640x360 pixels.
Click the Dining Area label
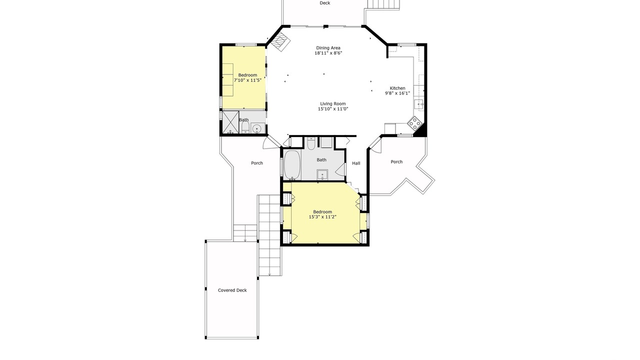click(x=328, y=47)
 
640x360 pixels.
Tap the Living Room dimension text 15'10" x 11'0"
click(x=333, y=109)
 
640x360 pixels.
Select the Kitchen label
click(x=397, y=88)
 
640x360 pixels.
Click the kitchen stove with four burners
click(x=414, y=123)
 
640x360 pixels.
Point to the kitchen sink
click(x=418, y=104)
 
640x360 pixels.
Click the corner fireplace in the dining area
click(x=280, y=41)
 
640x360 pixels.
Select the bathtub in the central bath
click(x=292, y=165)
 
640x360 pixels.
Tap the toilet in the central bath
click(x=311, y=143)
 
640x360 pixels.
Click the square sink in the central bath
click(x=322, y=174)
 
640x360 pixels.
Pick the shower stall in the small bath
click(x=230, y=122)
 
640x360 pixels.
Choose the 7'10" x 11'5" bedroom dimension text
click(x=247, y=80)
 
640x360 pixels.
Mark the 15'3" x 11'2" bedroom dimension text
click(x=322, y=217)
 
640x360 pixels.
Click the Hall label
click(x=356, y=163)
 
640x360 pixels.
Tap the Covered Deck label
click(x=232, y=290)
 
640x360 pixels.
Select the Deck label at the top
click(x=325, y=3)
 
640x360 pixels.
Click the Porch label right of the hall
click(x=396, y=161)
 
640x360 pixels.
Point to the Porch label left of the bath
click(x=257, y=163)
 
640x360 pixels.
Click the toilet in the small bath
click(x=245, y=128)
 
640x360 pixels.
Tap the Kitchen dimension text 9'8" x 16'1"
click(x=397, y=93)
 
